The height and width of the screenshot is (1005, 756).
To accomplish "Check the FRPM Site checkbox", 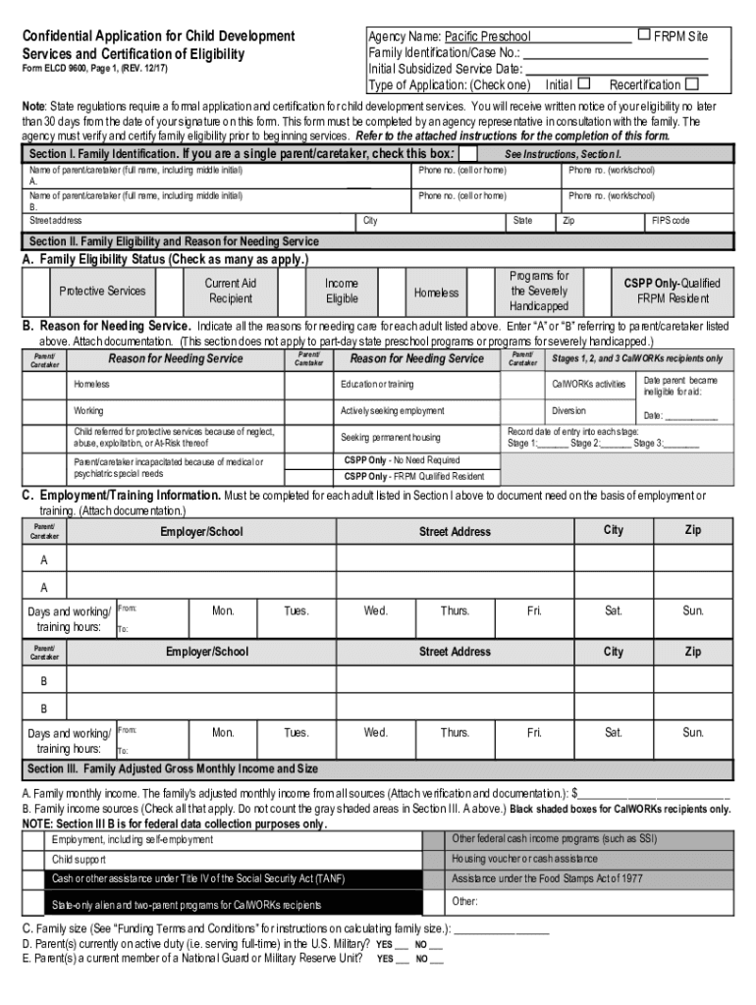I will [644, 35].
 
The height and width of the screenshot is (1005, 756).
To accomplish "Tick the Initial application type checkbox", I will [584, 83].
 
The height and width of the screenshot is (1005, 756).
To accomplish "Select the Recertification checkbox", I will [692, 83].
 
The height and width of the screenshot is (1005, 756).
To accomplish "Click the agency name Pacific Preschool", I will [487, 37].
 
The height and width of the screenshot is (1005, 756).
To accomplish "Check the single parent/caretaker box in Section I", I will [469, 154].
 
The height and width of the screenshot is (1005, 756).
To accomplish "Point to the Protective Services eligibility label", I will [102, 291].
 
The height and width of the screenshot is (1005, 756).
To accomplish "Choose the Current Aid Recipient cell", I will [231, 291].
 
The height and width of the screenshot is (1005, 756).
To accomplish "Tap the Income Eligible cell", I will [342, 291].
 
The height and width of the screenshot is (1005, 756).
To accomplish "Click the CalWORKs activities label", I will [588, 384].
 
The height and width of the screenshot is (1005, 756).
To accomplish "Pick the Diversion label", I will [568, 410].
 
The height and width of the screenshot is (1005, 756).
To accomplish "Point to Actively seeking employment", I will [392, 410].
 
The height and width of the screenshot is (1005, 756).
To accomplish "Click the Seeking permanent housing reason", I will [390, 437].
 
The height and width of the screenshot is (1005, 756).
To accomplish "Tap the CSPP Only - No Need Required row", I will [402, 459].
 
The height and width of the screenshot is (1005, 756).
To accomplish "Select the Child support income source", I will [80, 859].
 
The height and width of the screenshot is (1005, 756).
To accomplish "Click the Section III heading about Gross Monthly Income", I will [173, 767].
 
